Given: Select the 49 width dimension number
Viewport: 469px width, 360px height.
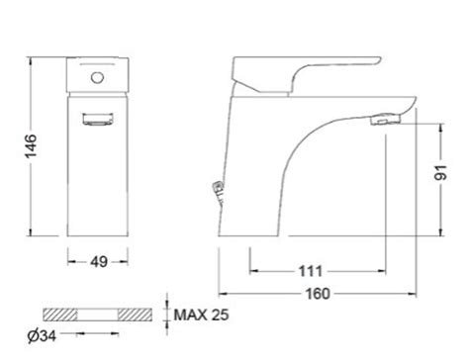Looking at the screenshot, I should (x=98, y=262).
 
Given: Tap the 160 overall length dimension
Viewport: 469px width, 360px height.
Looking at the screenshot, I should (x=318, y=294).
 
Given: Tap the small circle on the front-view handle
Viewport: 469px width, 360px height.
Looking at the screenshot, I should (x=98, y=75).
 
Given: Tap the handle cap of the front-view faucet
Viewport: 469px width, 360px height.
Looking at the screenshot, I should (x=98, y=76).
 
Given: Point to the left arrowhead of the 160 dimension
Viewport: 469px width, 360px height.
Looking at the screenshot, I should (x=221, y=294).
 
